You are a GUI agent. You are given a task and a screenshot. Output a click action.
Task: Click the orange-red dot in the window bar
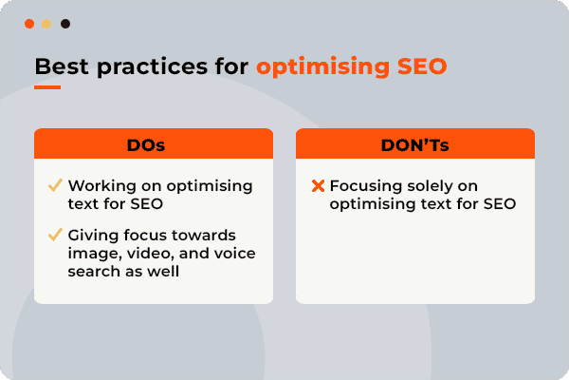tap(29, 23)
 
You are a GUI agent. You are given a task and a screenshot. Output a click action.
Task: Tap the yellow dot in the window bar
tap(46, 23)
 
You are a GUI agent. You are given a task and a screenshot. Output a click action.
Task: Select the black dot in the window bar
tap(64, 23)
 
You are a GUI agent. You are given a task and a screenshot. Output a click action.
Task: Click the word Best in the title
tap(57, 67)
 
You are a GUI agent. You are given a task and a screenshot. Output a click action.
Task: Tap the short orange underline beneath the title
tap(47, 87)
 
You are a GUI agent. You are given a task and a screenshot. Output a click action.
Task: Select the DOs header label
tap(154, 143)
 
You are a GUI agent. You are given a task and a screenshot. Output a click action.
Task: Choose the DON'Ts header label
tap(415, 143)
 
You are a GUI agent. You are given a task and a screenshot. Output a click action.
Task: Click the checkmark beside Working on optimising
tap(55, 185)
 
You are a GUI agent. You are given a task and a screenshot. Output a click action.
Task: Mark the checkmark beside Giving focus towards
tap(55, 235)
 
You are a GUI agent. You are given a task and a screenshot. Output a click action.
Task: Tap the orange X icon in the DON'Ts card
tap(318, 186)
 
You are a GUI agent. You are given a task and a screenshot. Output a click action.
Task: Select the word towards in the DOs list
tap(210, 235)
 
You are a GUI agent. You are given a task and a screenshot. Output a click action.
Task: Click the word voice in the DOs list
tap(232, 253)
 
